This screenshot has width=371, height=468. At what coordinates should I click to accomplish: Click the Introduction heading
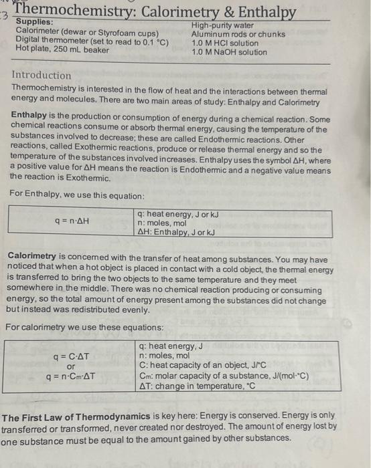tap(42, 76)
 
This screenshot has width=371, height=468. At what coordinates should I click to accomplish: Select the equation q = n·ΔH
tap(72, 219)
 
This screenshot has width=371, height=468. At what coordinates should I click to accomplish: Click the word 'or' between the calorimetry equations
tap(70, 366)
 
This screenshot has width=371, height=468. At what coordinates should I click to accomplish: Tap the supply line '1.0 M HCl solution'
tap(225, 43)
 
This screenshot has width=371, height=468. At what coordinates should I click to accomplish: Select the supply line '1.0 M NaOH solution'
tap(229, 52)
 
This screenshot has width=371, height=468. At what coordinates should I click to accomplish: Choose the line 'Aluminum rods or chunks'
tap(238, 34)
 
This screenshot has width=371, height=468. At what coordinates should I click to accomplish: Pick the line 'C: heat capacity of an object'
tap(201, 365)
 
